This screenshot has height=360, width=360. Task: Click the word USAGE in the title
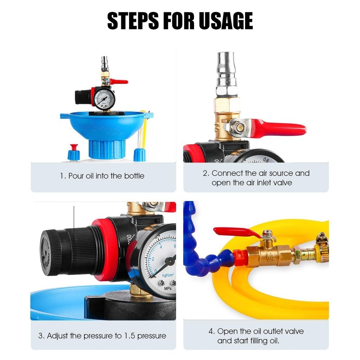(x=226, y=21)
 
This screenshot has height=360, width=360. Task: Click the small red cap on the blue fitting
(x=74, y=147)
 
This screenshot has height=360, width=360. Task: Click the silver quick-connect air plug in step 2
(x=226, y=73)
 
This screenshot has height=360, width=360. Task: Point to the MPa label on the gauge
(x=168, y=288)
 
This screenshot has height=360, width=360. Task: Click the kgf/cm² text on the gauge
(x=168, y=275)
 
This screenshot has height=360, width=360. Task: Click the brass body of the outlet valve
(x=270, y=256)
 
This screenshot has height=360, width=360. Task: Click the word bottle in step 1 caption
(x=134, y=176)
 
